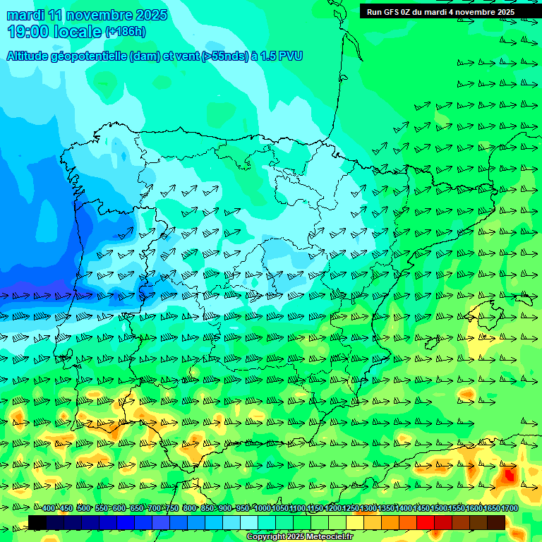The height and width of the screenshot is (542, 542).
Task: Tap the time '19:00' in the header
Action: click(29, 32)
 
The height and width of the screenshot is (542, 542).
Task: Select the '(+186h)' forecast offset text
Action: click(126, 32)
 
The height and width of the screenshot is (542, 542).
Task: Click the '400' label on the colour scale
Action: click(49, 509)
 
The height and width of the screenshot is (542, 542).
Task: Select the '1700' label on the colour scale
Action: click(510, 509)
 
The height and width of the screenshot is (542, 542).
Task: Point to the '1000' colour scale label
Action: click(263, 509)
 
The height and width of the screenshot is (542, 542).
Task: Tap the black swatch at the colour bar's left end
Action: click(37, 522)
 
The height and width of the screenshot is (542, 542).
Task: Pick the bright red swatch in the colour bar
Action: click(426, 522)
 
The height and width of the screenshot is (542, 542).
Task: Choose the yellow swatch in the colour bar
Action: click(355, 522)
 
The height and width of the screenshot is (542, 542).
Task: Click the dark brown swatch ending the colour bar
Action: click(496, 522)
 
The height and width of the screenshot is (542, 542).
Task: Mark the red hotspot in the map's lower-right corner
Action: click(507, 476)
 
